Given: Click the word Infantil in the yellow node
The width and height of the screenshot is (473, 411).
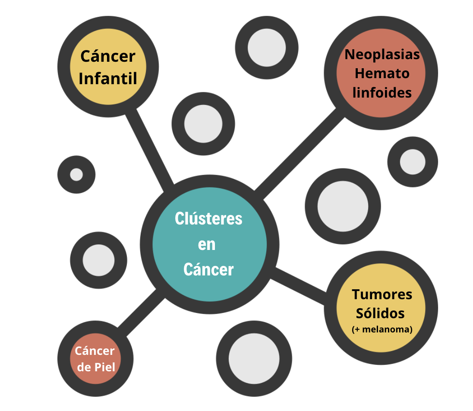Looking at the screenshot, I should point(108,78).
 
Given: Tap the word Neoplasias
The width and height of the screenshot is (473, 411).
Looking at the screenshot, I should point(382,54).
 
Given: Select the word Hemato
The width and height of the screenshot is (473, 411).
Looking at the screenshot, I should point(382,73).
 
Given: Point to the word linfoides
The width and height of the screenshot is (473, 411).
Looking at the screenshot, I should point(382,92).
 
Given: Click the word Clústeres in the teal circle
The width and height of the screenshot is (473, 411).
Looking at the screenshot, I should point(208,219).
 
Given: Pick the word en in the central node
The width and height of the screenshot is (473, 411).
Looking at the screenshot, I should point(207,245).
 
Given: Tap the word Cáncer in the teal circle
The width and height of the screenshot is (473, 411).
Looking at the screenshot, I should point(208,270).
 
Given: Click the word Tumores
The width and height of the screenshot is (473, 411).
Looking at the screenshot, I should point(382,294).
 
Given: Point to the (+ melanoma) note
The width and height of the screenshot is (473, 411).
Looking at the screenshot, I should point(382,329).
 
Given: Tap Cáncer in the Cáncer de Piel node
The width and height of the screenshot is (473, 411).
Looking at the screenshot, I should point(95,351).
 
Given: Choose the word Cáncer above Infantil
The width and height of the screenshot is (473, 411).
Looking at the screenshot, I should point(108,56).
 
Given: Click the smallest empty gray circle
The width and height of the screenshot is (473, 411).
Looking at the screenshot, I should point(76,174).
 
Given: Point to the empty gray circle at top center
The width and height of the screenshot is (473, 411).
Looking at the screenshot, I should point(266,47).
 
